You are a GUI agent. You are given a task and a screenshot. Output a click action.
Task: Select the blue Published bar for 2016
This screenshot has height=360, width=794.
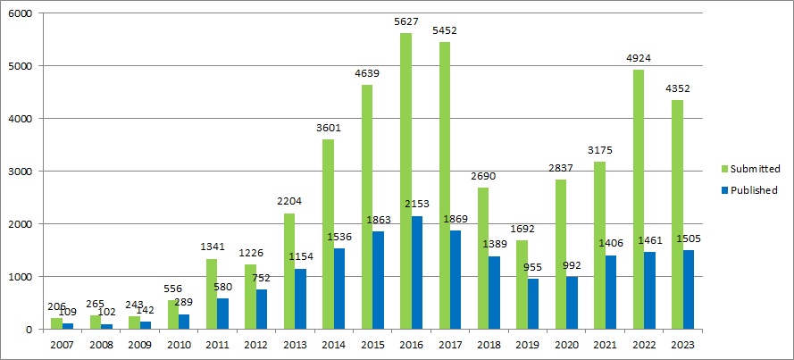[x=417, y=272]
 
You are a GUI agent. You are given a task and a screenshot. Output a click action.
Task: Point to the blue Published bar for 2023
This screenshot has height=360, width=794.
[x=688, y=289]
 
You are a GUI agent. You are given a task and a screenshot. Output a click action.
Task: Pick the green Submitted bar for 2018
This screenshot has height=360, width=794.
[x=483, y=258]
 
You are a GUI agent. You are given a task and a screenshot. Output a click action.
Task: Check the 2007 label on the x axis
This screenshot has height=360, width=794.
[x=63, y=345]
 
